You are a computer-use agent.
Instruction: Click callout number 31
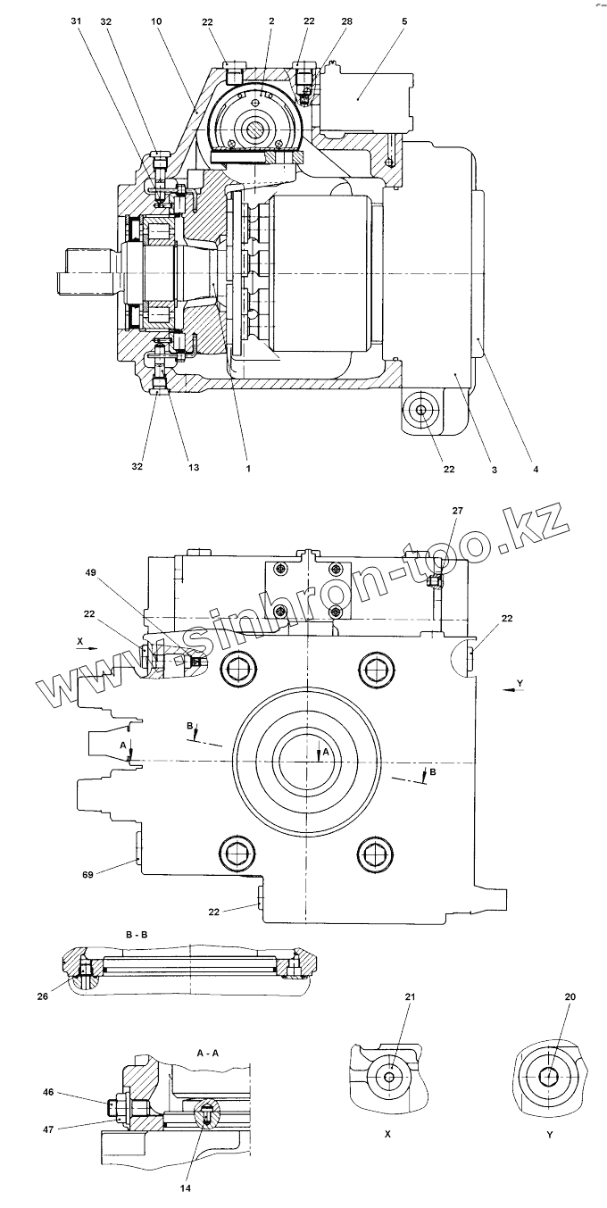point(76,21)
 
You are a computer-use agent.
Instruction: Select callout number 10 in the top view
point(156,21)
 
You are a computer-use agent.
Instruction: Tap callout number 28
point(346,21)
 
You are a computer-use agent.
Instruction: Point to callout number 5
point(404,21)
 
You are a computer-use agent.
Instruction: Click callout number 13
point(194,467)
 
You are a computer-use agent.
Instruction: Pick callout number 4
point(536,469)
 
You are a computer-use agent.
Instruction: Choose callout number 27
point(457,510)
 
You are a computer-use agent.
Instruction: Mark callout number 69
point(87,874)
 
